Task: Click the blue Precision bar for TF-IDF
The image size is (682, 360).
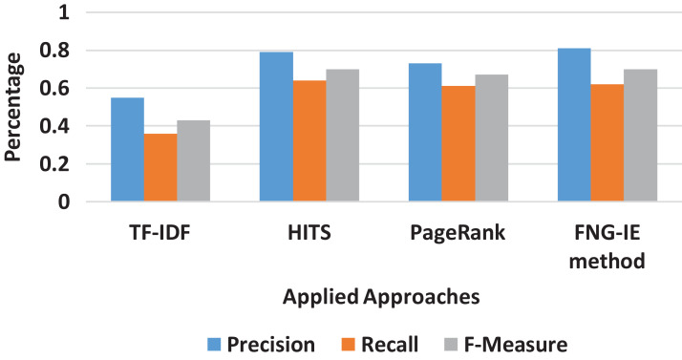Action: pos(127,150)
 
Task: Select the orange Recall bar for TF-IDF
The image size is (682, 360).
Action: pos(160,168)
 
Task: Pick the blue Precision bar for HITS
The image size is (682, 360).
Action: pos(277,127)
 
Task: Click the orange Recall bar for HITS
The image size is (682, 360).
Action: pos(309,141)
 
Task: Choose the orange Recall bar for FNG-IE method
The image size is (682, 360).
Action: pos(607,143)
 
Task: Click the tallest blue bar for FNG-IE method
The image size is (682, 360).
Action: pos(574,125)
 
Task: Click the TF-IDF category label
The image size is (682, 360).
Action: pos(160,231)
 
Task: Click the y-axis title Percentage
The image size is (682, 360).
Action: pos(16,107)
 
